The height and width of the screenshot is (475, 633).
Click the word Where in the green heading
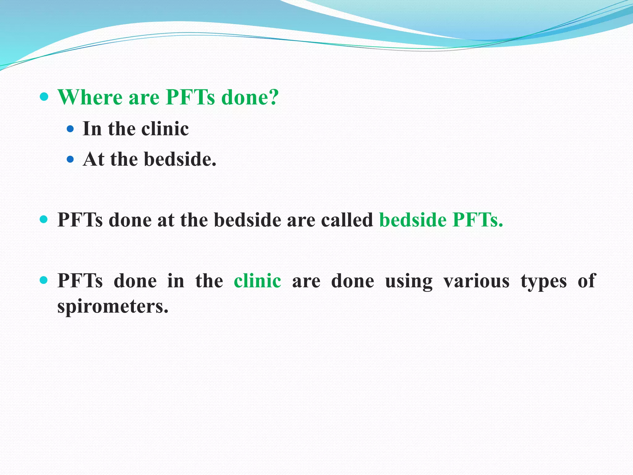(x=90, y=98)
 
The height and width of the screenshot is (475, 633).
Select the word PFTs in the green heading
(x=190, y=98)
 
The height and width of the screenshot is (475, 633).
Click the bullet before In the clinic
(x=70, y=129)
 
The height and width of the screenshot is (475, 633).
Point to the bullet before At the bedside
(x=70, y=160)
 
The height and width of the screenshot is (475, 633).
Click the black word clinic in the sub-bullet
(x=165, y=129)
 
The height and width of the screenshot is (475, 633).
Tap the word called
(x=347, y=220)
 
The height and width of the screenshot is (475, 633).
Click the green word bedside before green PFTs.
(x=413, y=220)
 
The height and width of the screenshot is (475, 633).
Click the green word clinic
(x=257, y=281)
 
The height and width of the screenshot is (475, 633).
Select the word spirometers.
(x=113, y=307)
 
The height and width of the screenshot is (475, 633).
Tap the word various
(x=476, y=281)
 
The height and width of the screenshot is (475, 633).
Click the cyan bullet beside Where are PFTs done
(x=44, y=97)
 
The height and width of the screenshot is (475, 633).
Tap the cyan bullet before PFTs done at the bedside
(x=44, y=220)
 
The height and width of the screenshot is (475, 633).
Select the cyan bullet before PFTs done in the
(x=44, y=280)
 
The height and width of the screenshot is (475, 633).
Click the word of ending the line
(x=586, y=281)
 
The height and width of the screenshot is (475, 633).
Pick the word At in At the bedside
(x=93, y=160)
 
